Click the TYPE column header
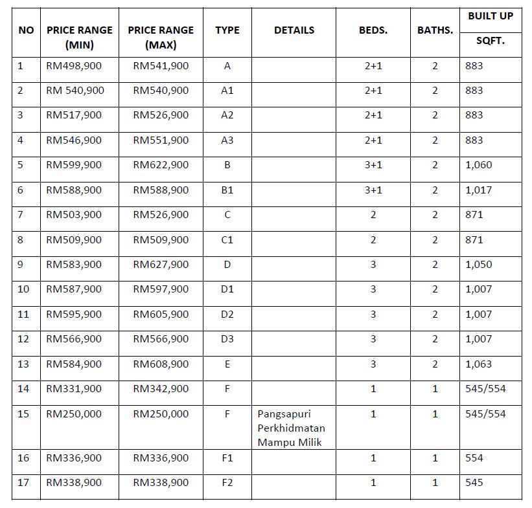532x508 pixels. pyautogui.click(x=227, y=30)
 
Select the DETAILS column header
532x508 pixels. pyautogui.click(x=294, y=30)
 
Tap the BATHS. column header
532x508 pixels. pyautogui.click(x=435, y=30)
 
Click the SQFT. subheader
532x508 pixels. pyautogui.click(x=490, y=41)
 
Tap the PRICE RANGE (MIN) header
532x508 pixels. pyautogui.click(x=79, y=38)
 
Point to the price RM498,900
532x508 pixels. pyautogui.click(x=74, y=66)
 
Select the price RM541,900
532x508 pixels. pyautogui.click(x=161, y=66)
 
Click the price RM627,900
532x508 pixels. pyautogui.click(x=161, y=265)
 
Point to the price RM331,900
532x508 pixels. pyautogui.click(x=74, y=389)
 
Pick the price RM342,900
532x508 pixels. pyautogui.click(x=161, y=389)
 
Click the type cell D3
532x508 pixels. pyautogui.click(x=227, y=339)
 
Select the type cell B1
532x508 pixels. pyautogui.click(x=227, y=190)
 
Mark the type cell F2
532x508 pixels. pyautogui.click(x=227, y=483)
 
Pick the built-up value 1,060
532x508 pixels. pyautogui.click(x=478, y=165)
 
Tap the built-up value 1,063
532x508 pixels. pyautogui.click(x=478, y=364)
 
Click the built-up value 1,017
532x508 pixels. pyautogui.click(x=478, y=190)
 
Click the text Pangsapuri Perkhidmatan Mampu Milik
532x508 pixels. pyautogui.click(x=291, y=428)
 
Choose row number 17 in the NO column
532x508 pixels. pyautogui.click(x=23, y=483)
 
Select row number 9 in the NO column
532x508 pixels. pyautogui.click(x=21, y=265)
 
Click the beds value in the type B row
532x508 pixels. pyautogui.click(x=373, y=165)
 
